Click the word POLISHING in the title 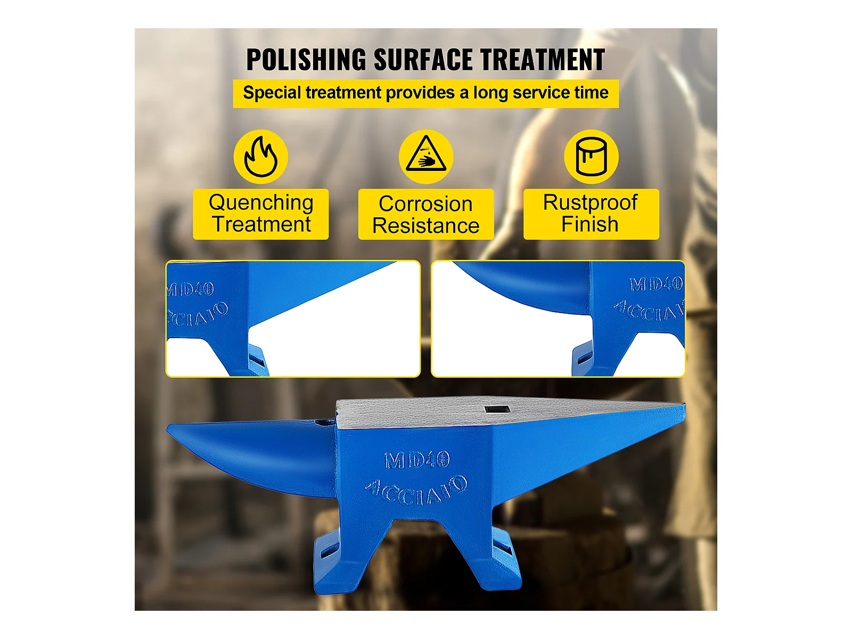tap(306, 60)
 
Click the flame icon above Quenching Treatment tap(261, 157)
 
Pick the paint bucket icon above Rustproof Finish tap(591, 157)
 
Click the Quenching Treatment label tap(261, 214)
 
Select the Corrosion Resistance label tap(426, 215)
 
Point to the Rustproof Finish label tap(591, 214)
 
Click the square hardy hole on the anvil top tap(497, 409)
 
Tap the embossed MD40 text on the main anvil tap(417, 460)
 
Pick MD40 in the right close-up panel tap(656, 284)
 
